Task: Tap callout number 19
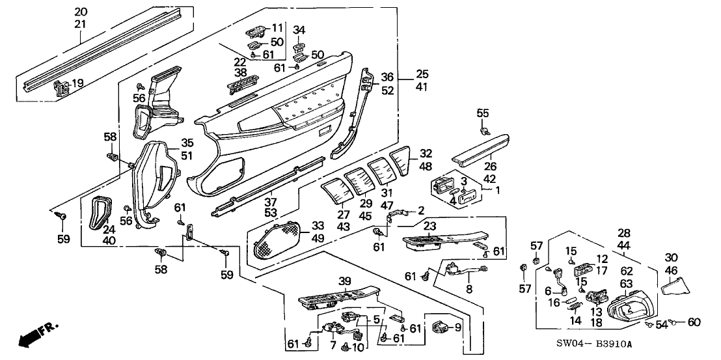click(x=77, y=83)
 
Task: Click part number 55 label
click(x=482, y=113)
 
